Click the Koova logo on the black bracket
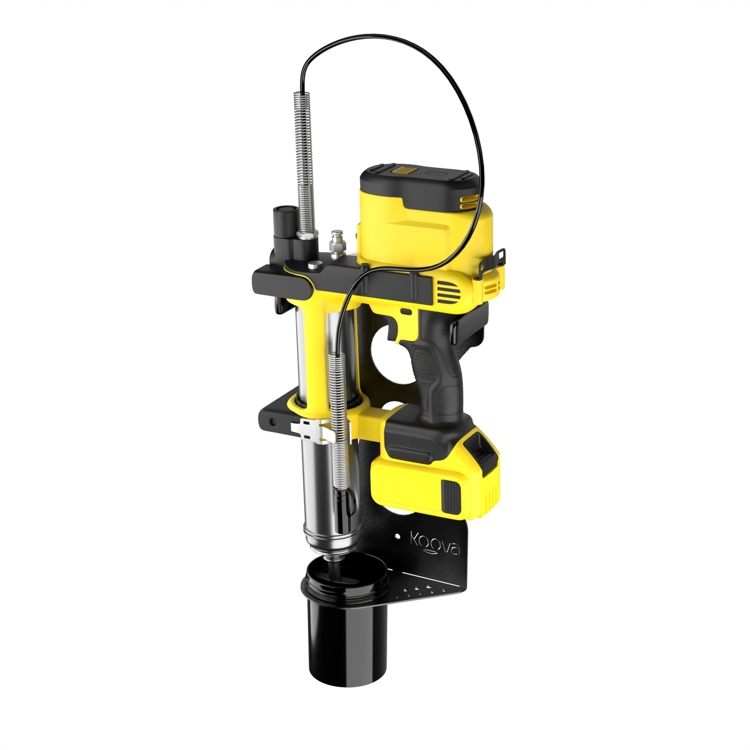[435, 543]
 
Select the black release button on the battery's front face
[451, 496]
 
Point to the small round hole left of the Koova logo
[398, 535]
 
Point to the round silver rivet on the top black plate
[313, 265]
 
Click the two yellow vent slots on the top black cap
[468, 201]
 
